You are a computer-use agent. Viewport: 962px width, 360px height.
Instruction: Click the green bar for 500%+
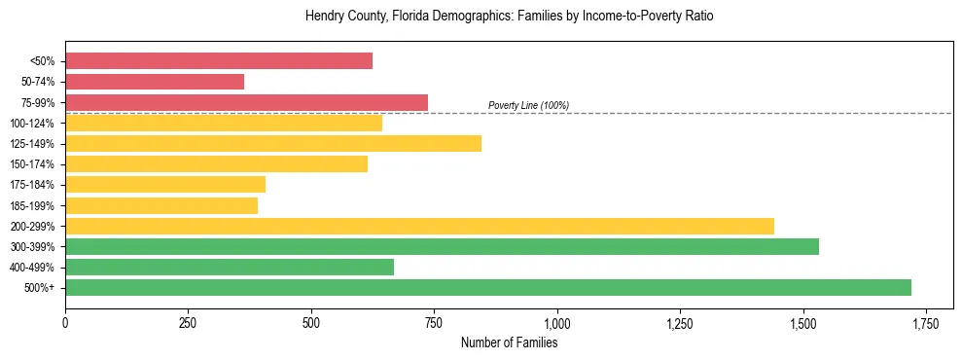[x=488, y=287]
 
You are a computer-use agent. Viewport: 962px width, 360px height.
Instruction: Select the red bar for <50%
[x=219, y=61]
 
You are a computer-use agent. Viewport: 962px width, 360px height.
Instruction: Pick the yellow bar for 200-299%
[x=419, y=226]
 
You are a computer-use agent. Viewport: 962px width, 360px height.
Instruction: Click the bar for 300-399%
[x=442, y=246]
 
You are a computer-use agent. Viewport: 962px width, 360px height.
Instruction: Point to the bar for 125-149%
[x=273, y=144]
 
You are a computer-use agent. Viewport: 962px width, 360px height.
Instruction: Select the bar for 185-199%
[x=161, y=205]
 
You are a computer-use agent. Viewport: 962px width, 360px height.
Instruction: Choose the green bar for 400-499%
[x=230, y=267]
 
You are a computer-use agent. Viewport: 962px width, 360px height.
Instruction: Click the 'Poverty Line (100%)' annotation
[x=528, y=105]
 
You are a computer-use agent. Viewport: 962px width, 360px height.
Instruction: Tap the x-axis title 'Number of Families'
[x=509, y=342]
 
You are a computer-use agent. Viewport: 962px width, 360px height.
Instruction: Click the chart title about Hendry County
[x=509, y=17]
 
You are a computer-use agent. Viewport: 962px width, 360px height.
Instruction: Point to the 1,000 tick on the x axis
[x=557, y=323]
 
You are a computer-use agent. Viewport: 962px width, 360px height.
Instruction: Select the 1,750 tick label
[x=926, y=323]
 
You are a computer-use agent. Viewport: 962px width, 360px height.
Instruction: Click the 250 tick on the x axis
[x=189, y=323]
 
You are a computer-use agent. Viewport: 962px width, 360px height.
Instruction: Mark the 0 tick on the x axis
[x=65, y=323]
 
